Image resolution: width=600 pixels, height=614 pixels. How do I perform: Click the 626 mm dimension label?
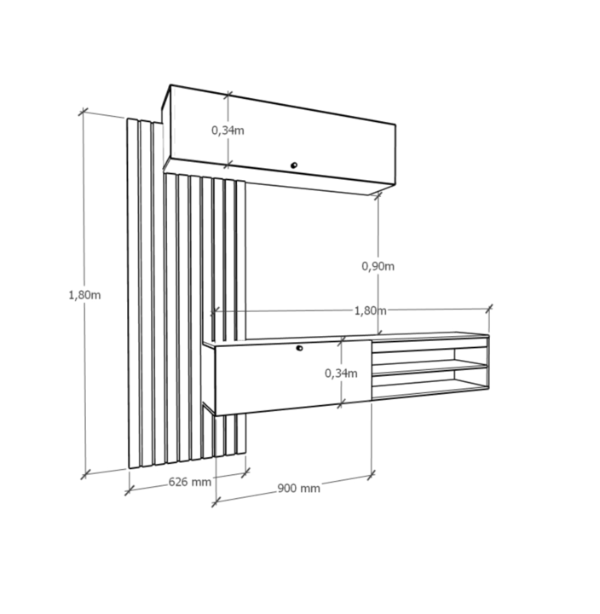[190, 482]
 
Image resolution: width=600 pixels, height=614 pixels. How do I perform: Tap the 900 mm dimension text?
[298, 489]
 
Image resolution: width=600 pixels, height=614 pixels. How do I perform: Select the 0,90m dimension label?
[378, 266]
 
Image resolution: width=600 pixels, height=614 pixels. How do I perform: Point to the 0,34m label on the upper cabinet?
[228, 130]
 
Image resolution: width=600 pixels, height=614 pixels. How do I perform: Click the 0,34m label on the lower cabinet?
[341, 374]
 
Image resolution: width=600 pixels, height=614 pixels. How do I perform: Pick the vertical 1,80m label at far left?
[84, 295]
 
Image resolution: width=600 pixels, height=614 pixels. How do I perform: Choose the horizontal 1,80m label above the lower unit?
[370, 311]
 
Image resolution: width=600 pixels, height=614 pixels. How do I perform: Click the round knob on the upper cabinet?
[294, 165]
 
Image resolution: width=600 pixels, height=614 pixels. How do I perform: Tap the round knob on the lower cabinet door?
[299, 348]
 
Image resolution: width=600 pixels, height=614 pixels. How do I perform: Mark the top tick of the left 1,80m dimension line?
[83, 112]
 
